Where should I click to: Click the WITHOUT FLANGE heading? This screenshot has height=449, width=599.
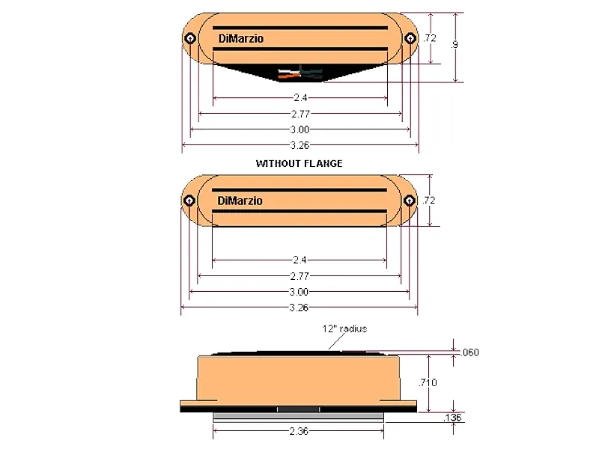[x=299, y=163]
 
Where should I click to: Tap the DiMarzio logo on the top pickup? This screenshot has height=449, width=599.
[x=240, y=39]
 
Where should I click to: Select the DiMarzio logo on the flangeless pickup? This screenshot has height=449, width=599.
[x=240, y=201]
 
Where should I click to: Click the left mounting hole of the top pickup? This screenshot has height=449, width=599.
[x=190, y=39]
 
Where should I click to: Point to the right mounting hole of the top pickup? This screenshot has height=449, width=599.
[x=410, y=39]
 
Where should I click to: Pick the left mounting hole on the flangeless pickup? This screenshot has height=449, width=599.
[x=189, y=201]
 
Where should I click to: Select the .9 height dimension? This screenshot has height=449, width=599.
[x=455, y=45]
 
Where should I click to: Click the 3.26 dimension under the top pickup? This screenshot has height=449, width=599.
[x=299, y=145]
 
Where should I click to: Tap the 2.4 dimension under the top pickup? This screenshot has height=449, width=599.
[x=299, y=97]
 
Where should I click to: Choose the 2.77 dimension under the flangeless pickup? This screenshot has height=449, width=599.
[x=299, y=276]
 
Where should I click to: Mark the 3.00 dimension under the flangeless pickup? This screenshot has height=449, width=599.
[x=299, y=292]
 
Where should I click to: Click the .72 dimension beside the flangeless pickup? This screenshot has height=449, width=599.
[x=429, y=201]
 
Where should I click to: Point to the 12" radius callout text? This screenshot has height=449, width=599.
[x=344, y=329]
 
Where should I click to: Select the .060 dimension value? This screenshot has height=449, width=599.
[x=470, y=352]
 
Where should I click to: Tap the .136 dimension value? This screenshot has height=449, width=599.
[x=454, y=417]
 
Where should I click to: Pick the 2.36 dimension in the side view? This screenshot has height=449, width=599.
[x=299, y=432]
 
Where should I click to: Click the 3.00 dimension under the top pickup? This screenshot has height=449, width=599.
[x=299, y=129]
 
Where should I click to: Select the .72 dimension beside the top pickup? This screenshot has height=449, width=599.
[x=429, y=38]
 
